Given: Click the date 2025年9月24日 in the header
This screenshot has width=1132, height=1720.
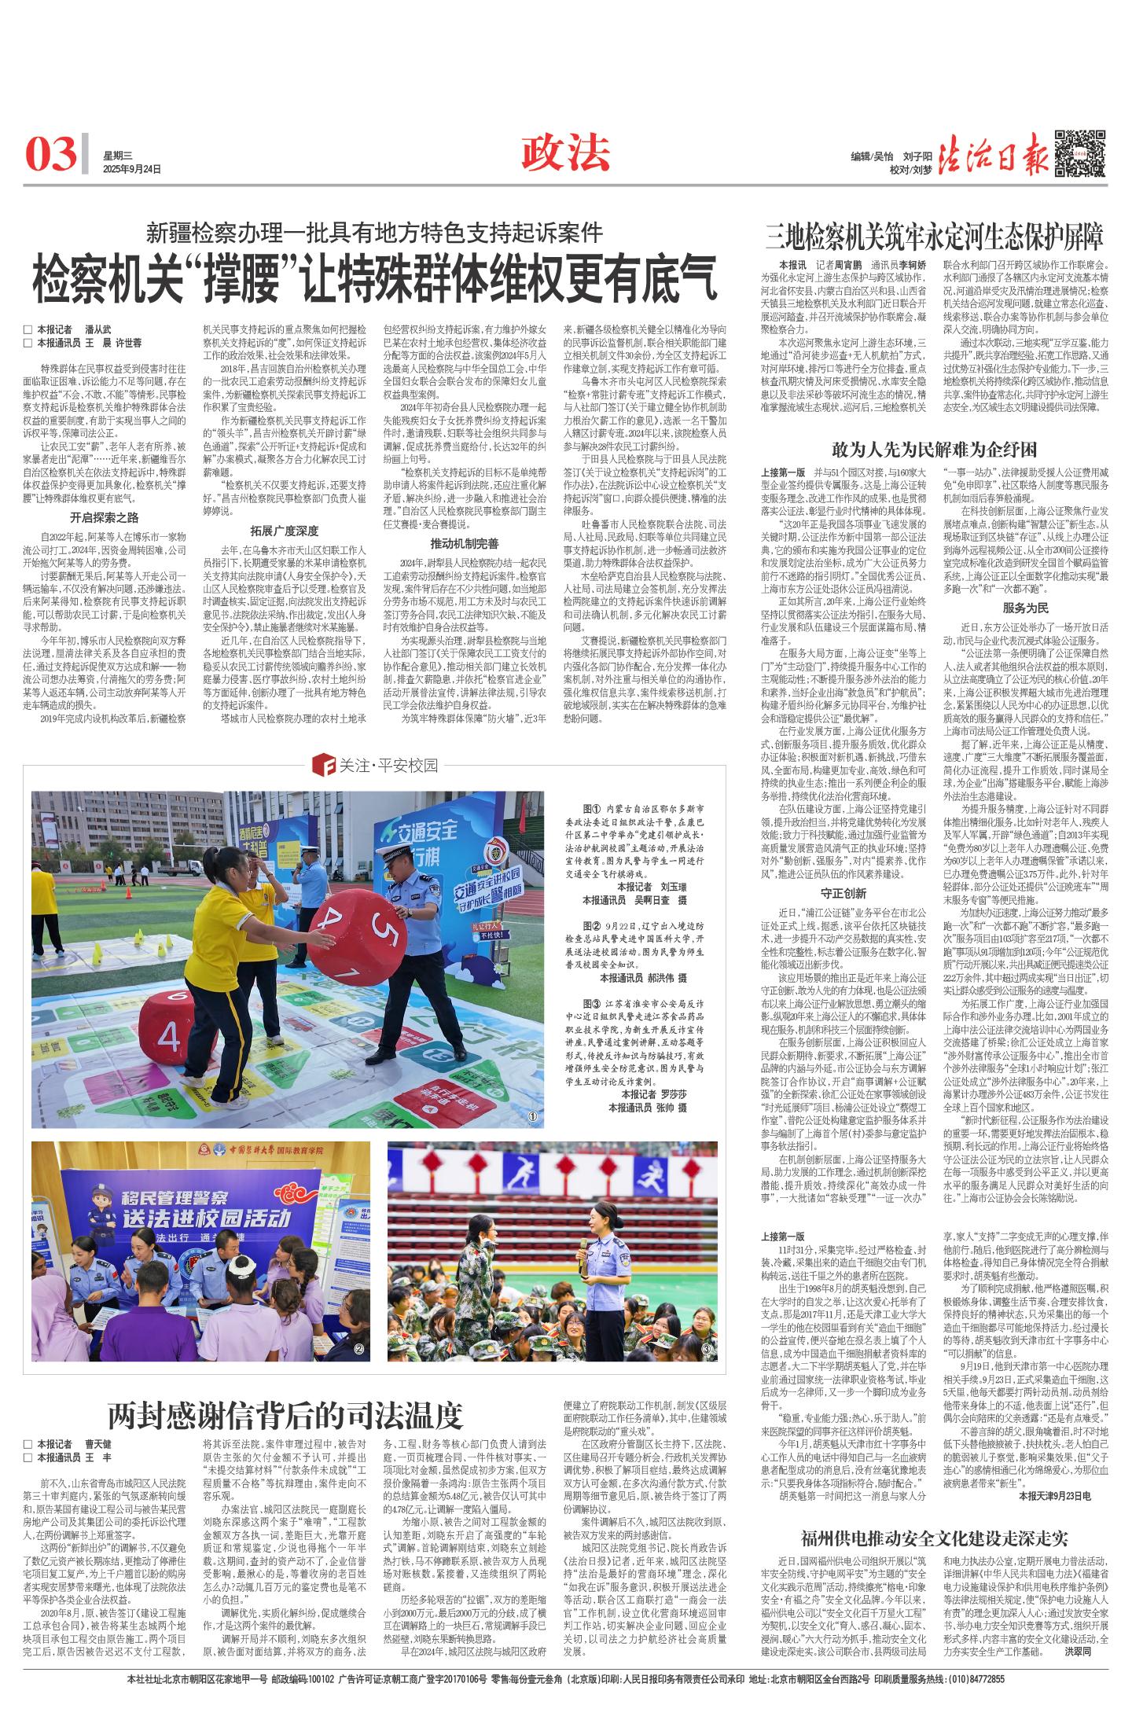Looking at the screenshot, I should click(x=131, y=168).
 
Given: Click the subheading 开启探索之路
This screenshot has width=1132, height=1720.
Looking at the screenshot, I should click(x=105, y=517).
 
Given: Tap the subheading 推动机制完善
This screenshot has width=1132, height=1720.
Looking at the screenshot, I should click(x=465, y=543).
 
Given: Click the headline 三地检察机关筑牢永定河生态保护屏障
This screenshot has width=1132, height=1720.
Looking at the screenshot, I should click(x=935, y=237).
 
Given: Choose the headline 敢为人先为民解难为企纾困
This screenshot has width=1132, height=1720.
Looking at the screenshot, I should click(x=935, y=450).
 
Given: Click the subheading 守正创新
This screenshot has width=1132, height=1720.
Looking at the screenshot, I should click(x=843, y=893).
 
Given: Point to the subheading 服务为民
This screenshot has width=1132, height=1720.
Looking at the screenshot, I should click(x=1025, y=608).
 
